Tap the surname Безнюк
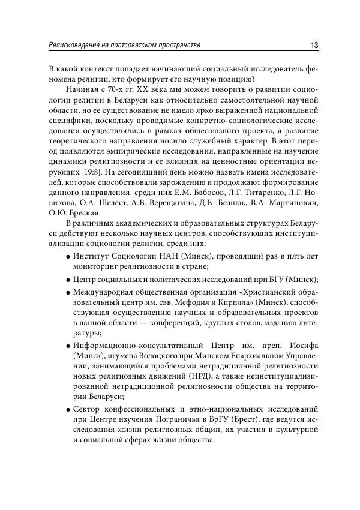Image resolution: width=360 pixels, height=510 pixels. [x=238, y=205]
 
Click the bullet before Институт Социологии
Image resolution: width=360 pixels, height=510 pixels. [x=68, y=257]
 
